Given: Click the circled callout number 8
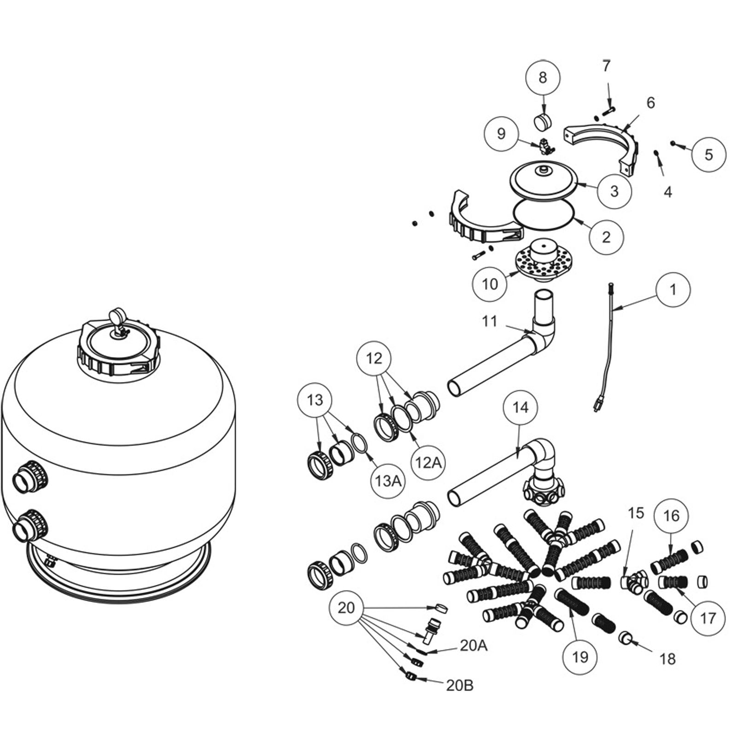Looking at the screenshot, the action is click(543, 77).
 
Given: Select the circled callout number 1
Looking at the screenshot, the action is click(673, 289).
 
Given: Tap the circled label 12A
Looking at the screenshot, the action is click(428, 462).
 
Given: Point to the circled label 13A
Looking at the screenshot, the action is click(387, 481).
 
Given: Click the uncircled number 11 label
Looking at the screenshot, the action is click(490, 321).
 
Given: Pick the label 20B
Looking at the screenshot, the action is click(459, 685).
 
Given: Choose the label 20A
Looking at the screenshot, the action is click(473, 646).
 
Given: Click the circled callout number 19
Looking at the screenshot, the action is click(580, 657).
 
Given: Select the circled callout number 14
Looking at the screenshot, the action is click(521, 407).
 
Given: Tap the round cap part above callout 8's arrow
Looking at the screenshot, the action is click(542, 122).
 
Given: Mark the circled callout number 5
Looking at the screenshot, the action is click(708, 154).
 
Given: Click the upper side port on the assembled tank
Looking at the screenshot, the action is click(30, 478).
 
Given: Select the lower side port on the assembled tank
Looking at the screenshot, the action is click(30, 527).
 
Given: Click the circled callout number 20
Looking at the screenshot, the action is click(346, 608).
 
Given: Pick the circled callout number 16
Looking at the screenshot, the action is click(671, 515).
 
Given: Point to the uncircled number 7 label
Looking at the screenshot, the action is click(606, 66).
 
